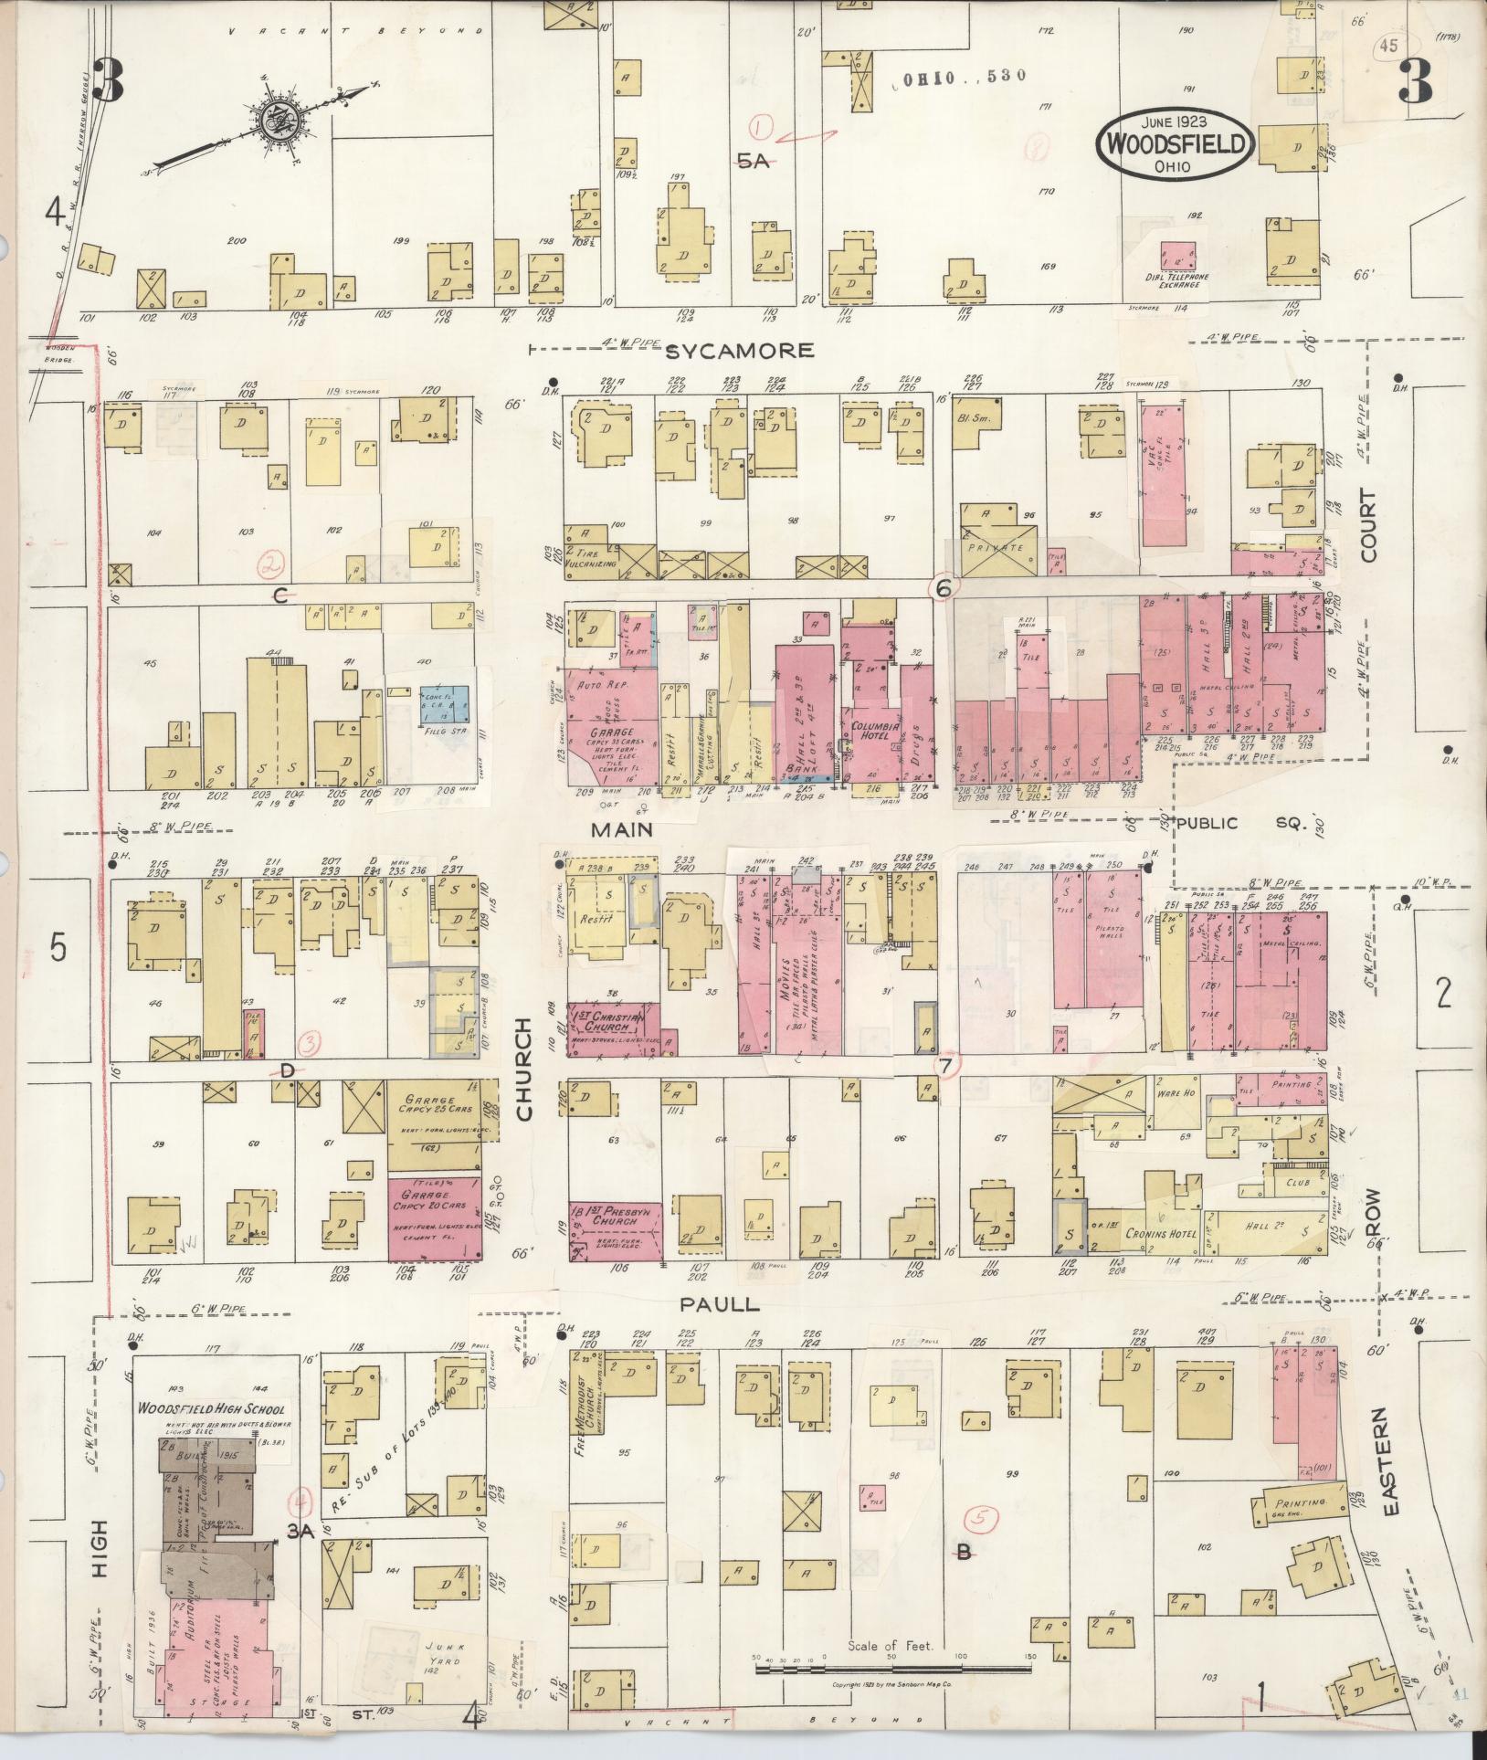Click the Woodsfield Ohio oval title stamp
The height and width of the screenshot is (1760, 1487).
pos(1175,144)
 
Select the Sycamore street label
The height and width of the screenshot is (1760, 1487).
pos(738,351)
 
